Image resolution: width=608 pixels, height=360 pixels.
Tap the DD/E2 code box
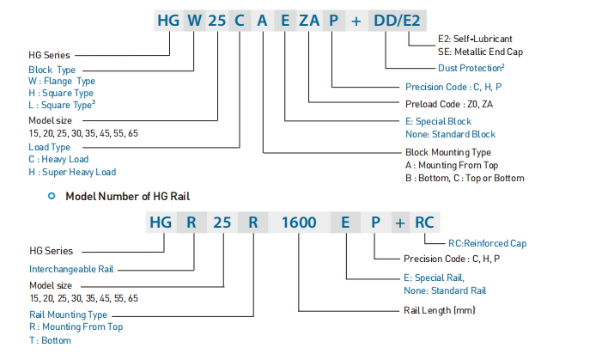pos(396,20)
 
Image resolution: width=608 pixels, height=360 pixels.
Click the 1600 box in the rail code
pos(299,222)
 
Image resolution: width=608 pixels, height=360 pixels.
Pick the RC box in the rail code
pos(424,222)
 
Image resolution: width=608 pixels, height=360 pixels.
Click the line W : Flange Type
pos(61,81)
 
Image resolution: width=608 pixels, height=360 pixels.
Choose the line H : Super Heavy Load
pos(72,172)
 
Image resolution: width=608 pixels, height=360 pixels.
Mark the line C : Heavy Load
pos(59,159)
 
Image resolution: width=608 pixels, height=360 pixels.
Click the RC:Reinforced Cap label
pos(487,243)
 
